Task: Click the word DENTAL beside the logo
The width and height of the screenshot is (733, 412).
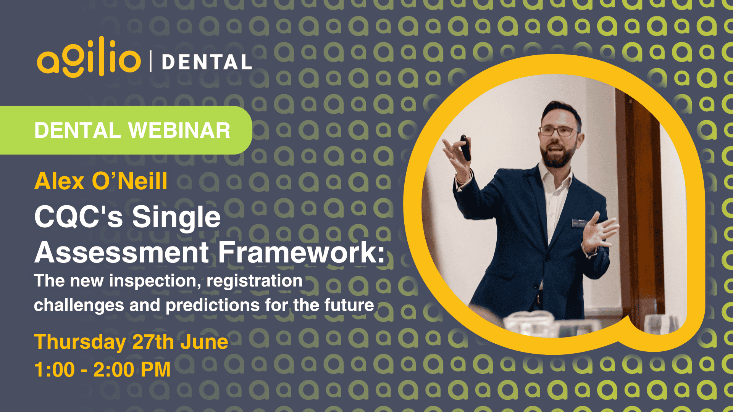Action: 207,62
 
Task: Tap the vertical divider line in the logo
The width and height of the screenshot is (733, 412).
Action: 151,61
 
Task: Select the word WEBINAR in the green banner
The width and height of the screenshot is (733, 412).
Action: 179,130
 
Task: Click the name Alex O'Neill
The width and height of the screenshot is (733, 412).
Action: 101,181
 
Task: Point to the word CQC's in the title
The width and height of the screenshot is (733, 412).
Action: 78,217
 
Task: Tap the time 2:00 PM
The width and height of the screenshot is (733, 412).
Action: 132,370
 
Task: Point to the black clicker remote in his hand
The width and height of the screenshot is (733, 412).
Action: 465,148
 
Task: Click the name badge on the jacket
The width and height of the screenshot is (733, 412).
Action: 579,223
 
